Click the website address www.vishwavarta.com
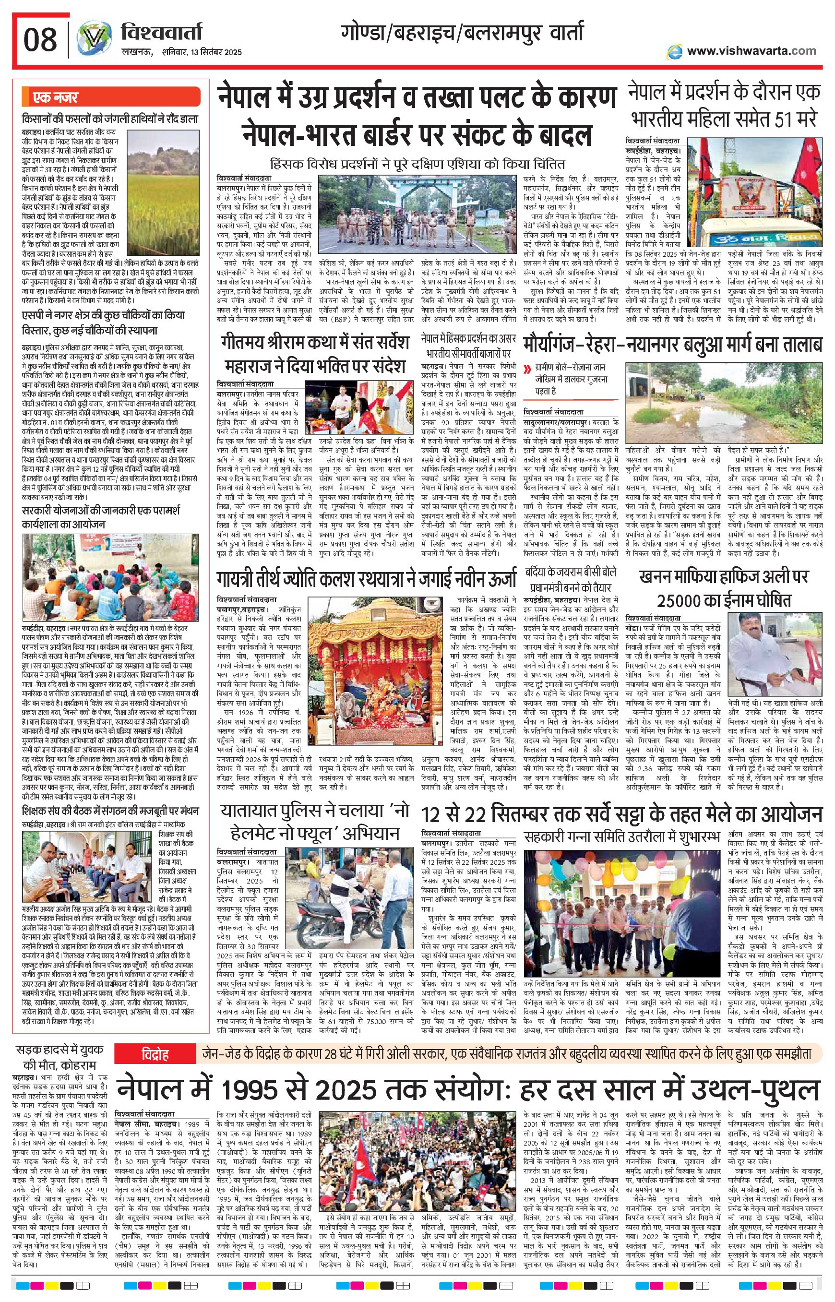pos(751,51)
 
